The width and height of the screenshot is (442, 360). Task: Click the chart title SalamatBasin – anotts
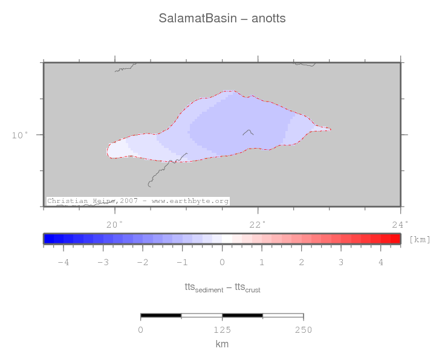(x=222, y=19)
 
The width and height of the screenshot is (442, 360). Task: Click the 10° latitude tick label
(x=19, y=135)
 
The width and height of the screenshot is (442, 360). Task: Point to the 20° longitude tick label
(x=114, y=225)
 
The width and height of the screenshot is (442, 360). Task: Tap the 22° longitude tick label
(x=258, y=225)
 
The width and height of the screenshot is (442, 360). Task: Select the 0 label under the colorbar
(x=222, y=262)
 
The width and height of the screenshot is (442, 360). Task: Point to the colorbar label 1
(x=262, y=262)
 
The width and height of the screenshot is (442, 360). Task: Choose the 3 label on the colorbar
(x=341, y=262)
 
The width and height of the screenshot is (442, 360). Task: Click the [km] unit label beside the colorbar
(x=420, y=239)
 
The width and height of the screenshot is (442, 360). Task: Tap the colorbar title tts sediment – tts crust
(x=222, y=288)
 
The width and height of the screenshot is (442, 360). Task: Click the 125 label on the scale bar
(x=222, y=330)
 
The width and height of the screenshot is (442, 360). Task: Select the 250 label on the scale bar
(x=303, y=330)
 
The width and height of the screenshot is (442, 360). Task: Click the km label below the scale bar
(x=222, y=344)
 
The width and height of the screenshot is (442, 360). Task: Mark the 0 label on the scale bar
(x=141, y=330)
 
